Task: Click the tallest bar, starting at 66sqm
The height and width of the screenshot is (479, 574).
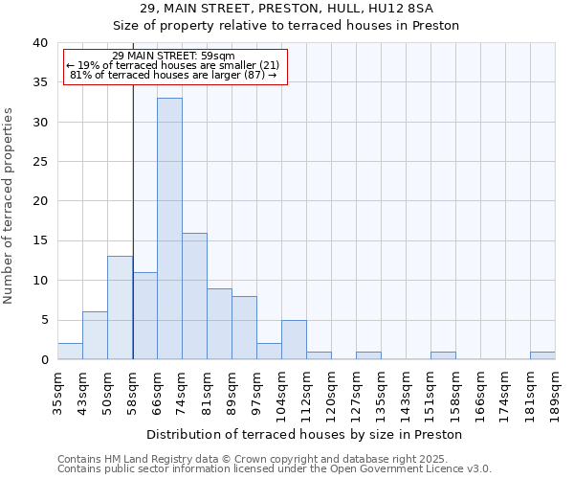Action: [x=169, y=229]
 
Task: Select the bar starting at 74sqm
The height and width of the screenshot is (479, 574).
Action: [x=194, y=296]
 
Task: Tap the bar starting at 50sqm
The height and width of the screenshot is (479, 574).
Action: [x=120, y=308]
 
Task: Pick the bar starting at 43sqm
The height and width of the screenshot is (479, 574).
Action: [x=95, y=335]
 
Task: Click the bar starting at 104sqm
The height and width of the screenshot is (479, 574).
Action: [x=294, y=340]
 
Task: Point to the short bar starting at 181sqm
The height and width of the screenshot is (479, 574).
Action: [x=542, y=355]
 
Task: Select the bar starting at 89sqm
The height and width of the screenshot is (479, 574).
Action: [x=244, y=328]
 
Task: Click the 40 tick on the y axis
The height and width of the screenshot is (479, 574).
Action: [x=40, y=43]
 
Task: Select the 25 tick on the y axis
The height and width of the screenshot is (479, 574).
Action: [x=40, y=162]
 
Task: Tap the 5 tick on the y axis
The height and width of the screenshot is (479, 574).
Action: [x=44, y=320]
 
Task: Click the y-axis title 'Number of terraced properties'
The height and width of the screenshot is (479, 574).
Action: [x=10, y=206]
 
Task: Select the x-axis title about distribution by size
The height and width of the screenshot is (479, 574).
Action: [x=305, y=434]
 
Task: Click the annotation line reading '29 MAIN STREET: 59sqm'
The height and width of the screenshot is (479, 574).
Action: [x=173, y=56]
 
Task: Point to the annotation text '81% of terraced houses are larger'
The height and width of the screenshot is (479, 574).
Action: [x=173, y=75]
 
